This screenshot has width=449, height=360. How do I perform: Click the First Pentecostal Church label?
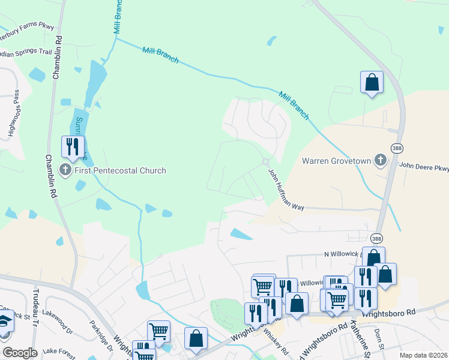pos(120,171)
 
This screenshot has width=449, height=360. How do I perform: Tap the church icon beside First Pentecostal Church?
pos(67,171)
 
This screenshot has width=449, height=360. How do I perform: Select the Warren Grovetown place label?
pos(336,161)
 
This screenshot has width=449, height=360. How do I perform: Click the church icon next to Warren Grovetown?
pos(380,160)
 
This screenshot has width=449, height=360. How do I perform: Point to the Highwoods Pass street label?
pos(18,113)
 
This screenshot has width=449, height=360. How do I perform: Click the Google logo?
pos(19,353)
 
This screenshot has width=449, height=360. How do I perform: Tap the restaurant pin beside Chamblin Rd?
pos(73,146)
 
